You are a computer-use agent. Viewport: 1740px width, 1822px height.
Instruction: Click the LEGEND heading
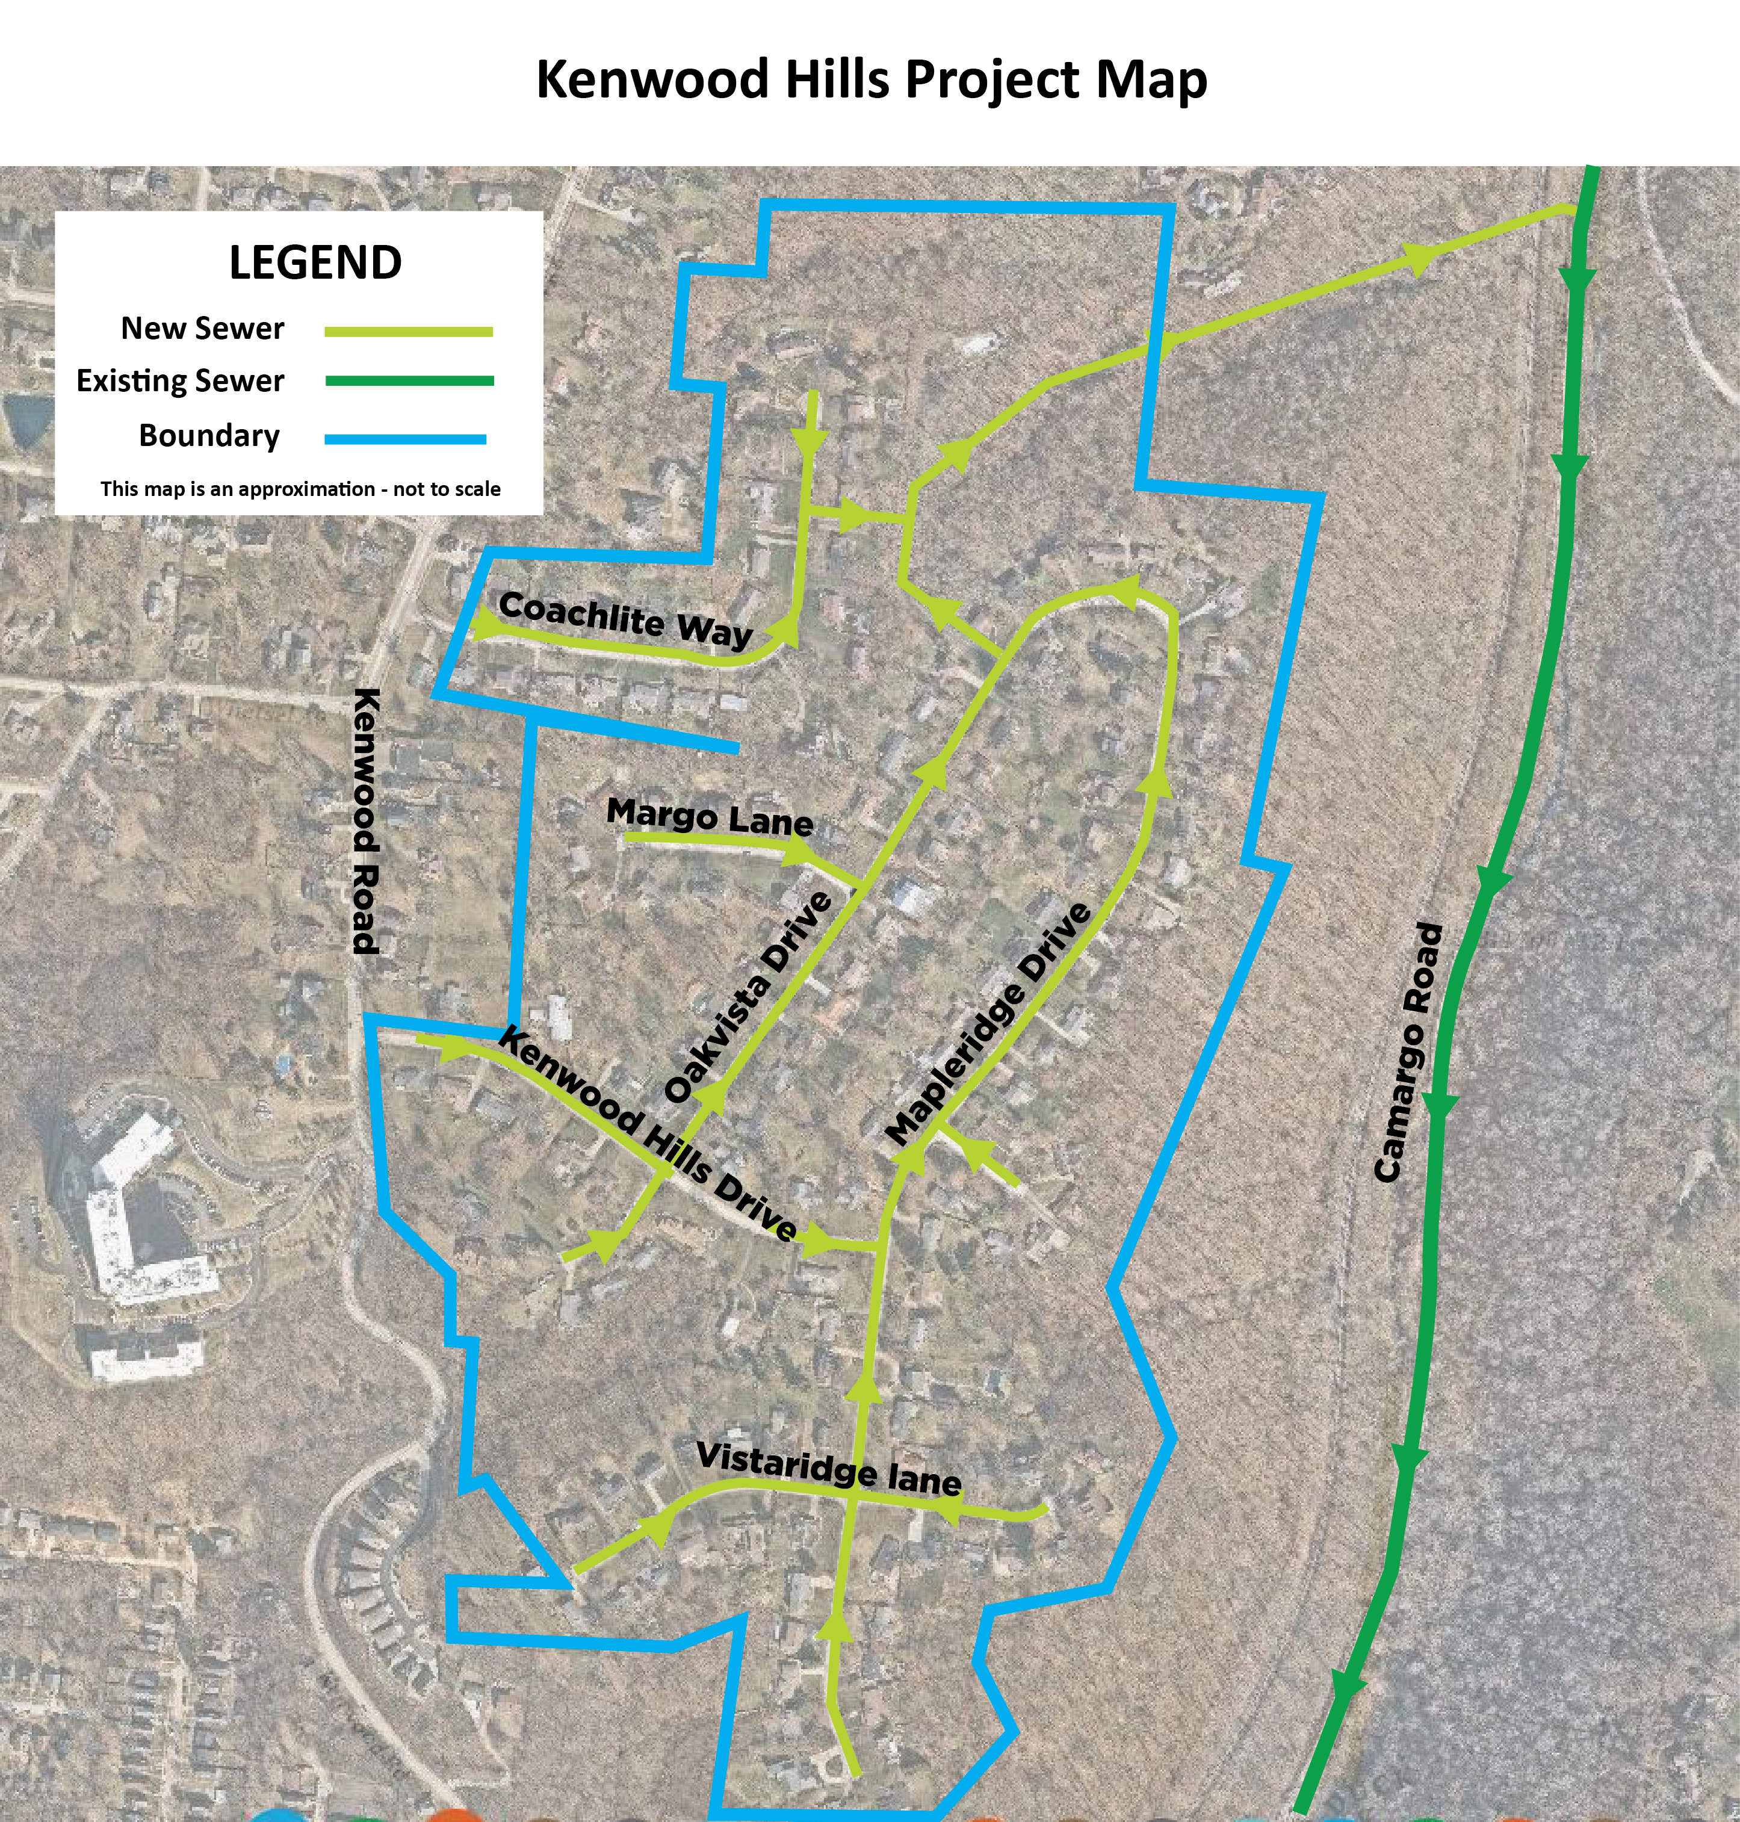315,262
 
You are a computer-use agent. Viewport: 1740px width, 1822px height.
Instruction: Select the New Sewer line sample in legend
408,331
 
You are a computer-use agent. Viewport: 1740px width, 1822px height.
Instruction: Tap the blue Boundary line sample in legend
405,439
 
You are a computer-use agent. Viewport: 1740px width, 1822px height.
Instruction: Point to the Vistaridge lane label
828,1469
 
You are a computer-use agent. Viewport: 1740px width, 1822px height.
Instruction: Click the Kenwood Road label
367,821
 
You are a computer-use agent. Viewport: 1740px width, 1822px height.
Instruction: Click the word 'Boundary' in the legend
209,436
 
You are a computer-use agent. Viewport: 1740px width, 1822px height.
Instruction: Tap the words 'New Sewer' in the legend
202,329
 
